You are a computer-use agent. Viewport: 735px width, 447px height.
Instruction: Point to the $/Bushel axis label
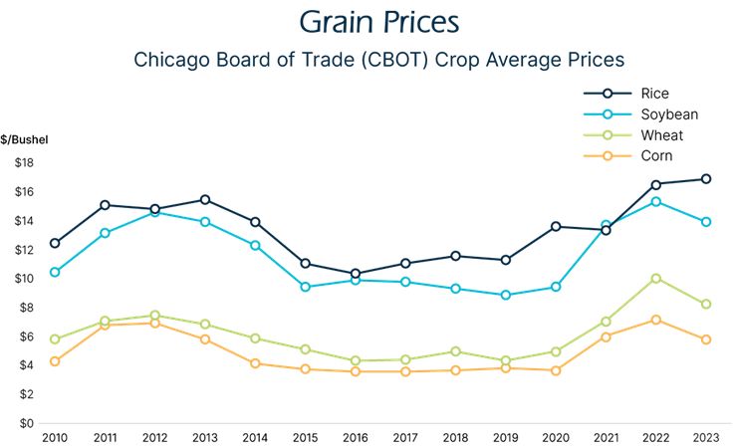(x=25, y=139)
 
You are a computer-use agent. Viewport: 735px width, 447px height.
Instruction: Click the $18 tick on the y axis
(x=24, y=163)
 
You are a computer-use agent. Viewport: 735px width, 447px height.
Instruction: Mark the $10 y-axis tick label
(x=24, y=279)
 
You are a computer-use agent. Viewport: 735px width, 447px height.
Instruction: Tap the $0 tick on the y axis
(x=27, y=423)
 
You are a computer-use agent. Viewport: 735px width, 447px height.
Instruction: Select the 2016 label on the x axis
(x=356, y=436)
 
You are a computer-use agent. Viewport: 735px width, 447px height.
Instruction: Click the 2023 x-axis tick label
(x=705, y=436)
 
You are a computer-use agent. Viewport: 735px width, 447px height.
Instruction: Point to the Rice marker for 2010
(x=55, y=243)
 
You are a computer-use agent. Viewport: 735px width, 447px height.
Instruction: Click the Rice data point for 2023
(x=705, y=179)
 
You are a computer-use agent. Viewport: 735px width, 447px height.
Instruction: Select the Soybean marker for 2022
(x=655, y=202)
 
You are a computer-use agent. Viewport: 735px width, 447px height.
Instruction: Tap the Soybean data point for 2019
(x=506, y=295)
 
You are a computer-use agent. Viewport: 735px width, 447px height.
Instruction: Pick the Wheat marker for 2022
(x=655, y=279)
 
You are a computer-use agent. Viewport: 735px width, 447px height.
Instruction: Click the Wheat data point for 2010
(x=55, y=339)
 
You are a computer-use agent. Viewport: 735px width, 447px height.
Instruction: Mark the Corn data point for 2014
(x=255, y=363)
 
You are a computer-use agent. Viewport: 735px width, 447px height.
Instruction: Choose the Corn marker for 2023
(x=705, y=339)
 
